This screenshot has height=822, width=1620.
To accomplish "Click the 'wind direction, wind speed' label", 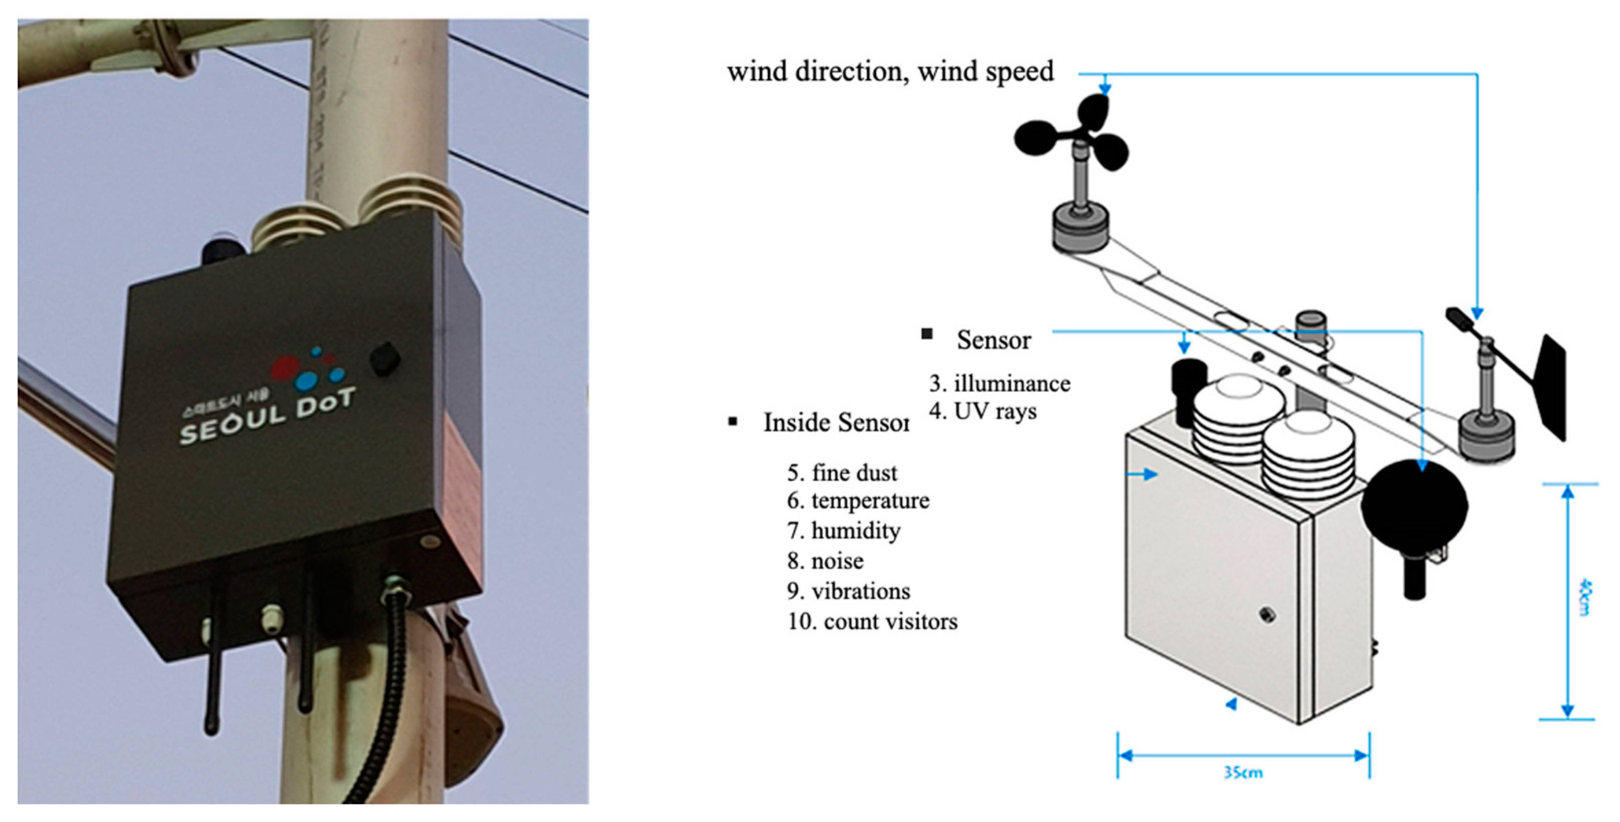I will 890,72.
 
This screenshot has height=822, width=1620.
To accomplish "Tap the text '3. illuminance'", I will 1000,383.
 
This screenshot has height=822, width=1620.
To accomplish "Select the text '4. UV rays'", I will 983,411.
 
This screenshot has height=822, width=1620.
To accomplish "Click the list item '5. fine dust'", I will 842,473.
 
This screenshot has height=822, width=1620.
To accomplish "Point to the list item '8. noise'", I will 825,561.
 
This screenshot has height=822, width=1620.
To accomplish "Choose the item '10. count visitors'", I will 872,622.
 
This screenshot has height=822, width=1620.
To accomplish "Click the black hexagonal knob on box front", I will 384,359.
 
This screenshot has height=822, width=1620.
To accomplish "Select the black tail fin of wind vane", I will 1551,386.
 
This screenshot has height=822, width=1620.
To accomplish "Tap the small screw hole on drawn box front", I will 1266,614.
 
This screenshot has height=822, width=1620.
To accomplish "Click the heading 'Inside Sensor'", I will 835,423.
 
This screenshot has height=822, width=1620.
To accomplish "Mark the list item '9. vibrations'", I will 848,591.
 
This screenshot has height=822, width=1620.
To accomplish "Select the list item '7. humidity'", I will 843,531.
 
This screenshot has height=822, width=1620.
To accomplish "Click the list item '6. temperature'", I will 858,501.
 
